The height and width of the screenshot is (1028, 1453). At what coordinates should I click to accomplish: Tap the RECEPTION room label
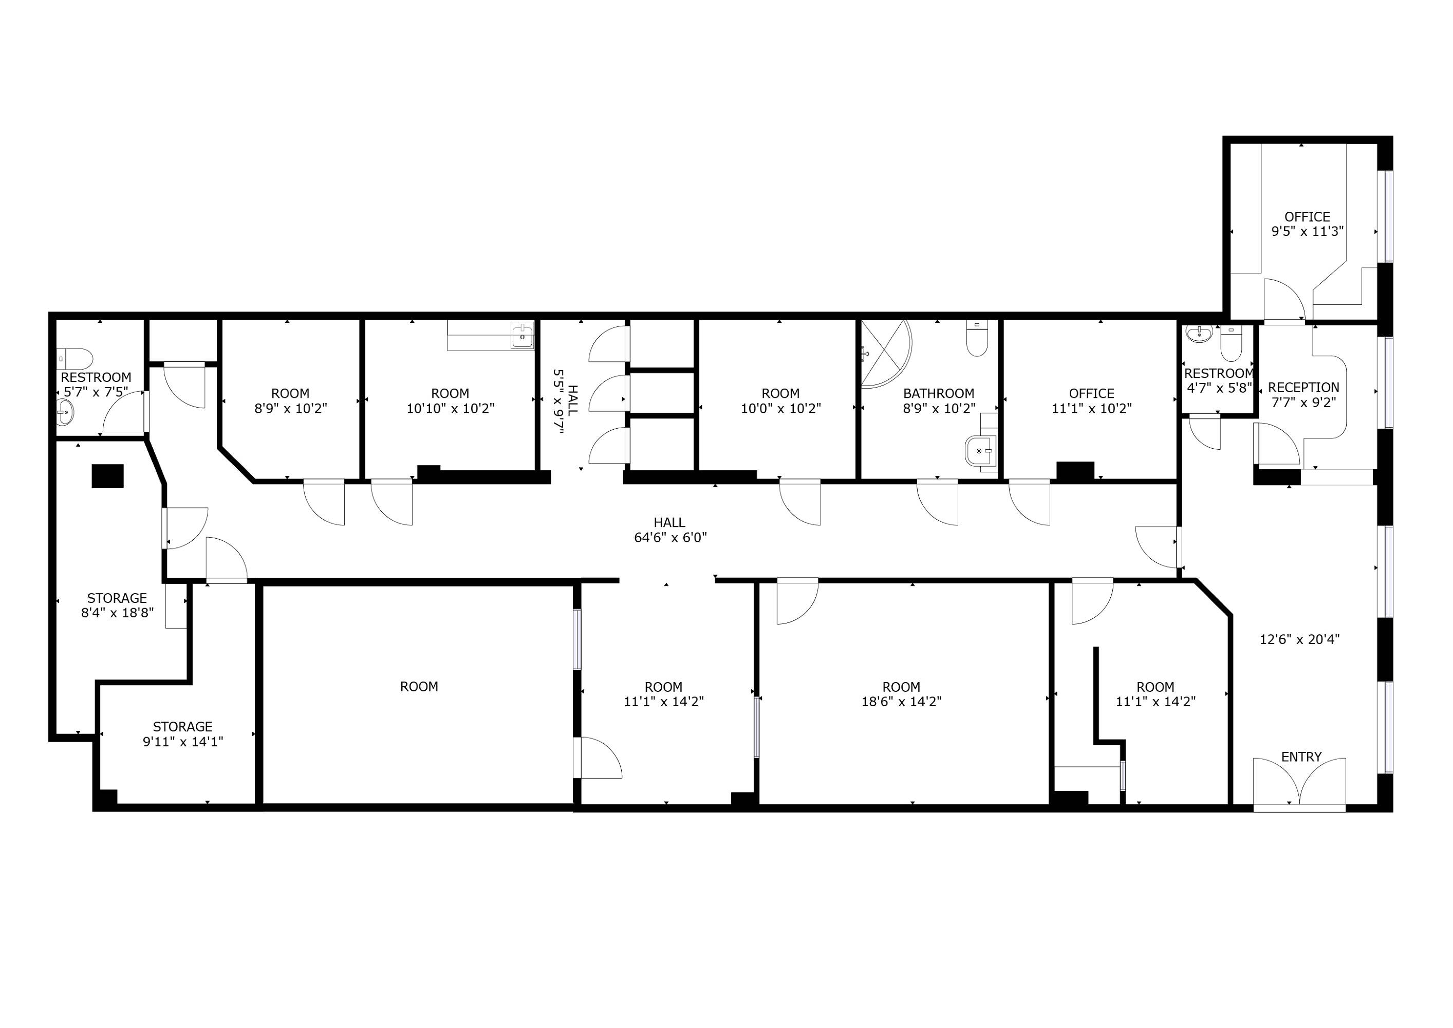click(x=1303, y=388)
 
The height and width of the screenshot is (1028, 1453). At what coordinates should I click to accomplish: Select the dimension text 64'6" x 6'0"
click(x=670, y=538)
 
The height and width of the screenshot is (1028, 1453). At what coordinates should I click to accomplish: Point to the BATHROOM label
click(x=939, y=393)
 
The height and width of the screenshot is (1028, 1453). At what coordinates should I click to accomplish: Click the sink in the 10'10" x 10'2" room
click(x=522, y=336)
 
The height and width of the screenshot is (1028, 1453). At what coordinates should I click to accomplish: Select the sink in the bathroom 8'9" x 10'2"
click(x=980, y=450)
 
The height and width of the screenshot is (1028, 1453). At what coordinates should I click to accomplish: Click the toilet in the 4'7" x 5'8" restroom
click(x=1231, y=342)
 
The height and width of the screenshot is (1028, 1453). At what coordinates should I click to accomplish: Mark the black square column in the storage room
click(x=107, y=476)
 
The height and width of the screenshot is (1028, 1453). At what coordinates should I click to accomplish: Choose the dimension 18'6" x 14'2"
click(x=901, y=702)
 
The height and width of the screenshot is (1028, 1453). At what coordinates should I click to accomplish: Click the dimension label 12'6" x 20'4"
click(x=1299, y=639)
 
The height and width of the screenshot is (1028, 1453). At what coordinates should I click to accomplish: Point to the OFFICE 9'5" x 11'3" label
click(x=1308, y=224)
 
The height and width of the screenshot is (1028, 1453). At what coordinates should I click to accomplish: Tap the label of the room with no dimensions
click(x=419, y=686)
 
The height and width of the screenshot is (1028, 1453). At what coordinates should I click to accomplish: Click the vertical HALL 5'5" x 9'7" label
click(x=566, y=401)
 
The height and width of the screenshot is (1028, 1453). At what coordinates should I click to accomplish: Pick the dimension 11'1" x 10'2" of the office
click(x=1092, y=408)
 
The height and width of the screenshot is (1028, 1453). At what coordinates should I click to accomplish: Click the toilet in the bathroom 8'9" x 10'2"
click(x=977, y=339)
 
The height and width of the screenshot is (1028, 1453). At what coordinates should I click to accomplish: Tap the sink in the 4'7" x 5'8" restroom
click(x=1199, y=334)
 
